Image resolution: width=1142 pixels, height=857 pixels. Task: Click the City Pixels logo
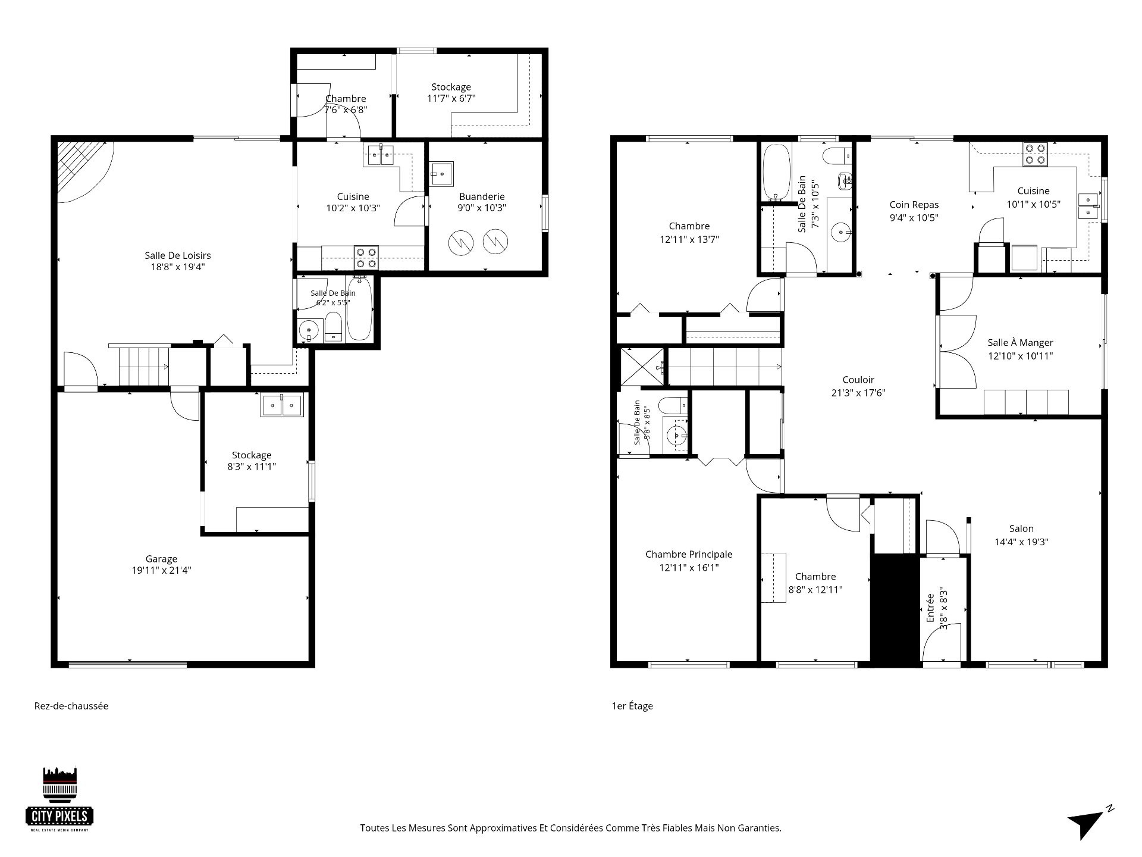pos(59,799)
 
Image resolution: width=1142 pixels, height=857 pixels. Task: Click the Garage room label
pos(161,559)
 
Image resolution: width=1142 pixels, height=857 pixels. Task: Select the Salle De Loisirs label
pos(178,255)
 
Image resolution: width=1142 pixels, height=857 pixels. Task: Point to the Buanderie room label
pos(482,196)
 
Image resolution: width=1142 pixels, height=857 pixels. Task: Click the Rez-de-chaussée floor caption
pos(71,706)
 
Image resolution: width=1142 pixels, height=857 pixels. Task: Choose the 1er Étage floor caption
pos(632,706)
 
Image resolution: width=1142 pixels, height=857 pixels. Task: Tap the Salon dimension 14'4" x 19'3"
pos(1021,542)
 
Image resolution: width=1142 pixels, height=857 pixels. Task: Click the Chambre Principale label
pos(689,554)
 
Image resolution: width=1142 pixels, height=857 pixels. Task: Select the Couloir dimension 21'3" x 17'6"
pos(858,393)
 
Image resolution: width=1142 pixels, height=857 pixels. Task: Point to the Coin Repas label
pos(914,205)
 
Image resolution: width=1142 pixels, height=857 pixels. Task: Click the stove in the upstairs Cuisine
pos(1036,154)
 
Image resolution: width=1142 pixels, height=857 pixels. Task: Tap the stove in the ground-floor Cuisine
pos(366,257)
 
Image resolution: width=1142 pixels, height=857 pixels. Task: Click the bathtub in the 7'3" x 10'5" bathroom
pos(776,172)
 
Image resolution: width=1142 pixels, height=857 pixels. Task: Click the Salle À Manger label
pos(1020,343)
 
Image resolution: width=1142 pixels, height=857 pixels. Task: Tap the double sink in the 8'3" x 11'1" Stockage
pos(281,405)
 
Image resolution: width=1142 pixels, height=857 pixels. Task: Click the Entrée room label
pos(931,606)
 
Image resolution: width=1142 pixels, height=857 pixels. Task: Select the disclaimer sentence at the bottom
pos(570,828)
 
